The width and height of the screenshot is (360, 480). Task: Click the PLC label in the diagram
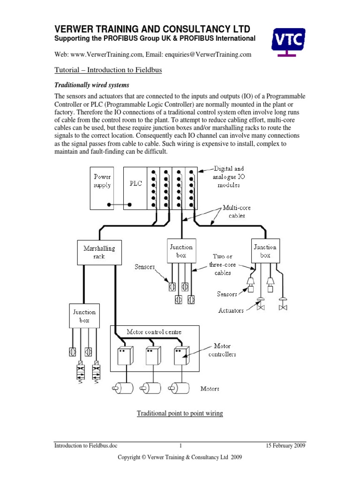coord(135,184)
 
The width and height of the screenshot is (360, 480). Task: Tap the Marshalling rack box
coord(96,252)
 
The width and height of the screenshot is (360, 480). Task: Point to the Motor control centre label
coord(154,332)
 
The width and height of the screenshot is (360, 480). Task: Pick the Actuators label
coord(230,310)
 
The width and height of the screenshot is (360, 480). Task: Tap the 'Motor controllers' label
coord(222,350)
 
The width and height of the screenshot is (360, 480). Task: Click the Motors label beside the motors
coord(210,389)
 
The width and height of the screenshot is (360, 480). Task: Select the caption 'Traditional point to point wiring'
coord(180,413)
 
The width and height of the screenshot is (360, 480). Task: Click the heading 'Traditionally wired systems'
coord(92,85)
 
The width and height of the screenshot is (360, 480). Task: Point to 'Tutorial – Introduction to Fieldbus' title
coord(108,70)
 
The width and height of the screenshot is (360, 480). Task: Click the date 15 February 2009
coord(285,446)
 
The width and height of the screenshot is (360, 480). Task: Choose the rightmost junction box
coord(265,251)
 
